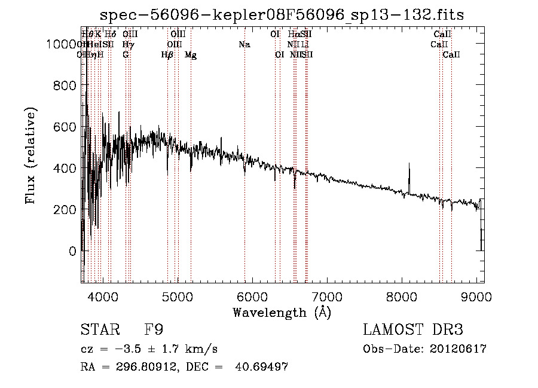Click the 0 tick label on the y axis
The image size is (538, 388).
pos(73,251)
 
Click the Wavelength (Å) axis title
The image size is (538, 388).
pos(282,312)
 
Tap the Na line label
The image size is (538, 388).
pos(244,44)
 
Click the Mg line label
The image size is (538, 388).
pos(191,55)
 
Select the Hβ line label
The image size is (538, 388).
pos(167,55)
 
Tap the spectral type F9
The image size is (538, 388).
pos(154,330)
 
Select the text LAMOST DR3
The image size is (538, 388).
pos(413,330)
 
